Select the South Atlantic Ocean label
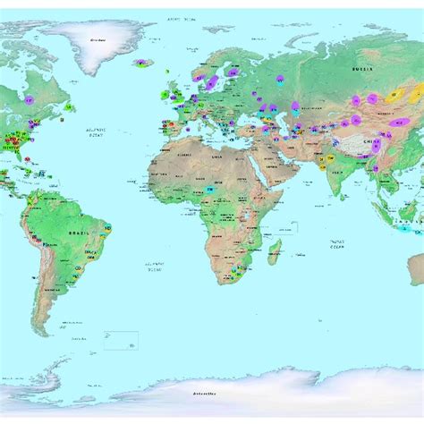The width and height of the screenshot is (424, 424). [x=154, y=265]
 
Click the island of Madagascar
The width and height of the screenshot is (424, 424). [x=276, y=250]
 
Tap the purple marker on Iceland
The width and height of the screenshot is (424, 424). [x=142, y=63]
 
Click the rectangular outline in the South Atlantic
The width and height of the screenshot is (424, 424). [x=121, y=340]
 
